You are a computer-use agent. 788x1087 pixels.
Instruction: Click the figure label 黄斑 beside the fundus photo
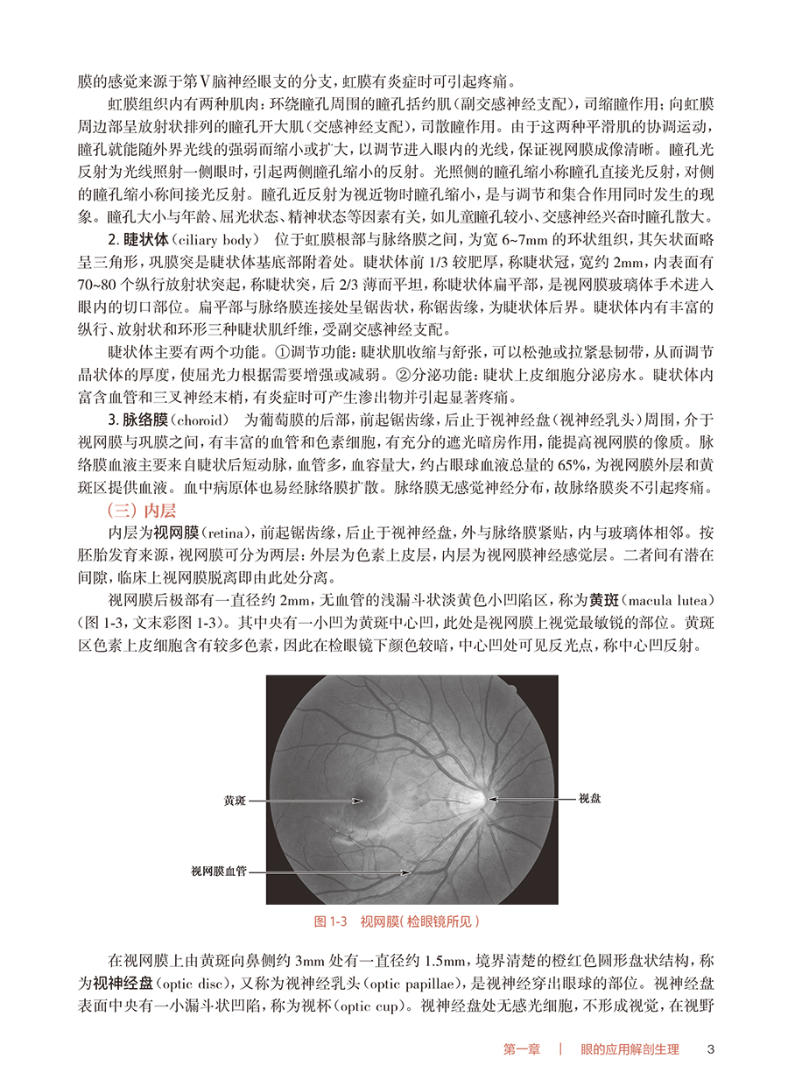(235, 800)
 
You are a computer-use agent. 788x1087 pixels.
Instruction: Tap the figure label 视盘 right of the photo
(588, 799)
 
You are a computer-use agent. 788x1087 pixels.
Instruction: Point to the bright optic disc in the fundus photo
(480, 799)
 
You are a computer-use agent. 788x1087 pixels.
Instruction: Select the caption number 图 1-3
(331, 921)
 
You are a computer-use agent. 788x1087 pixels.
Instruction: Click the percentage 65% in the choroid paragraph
(495, 463)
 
